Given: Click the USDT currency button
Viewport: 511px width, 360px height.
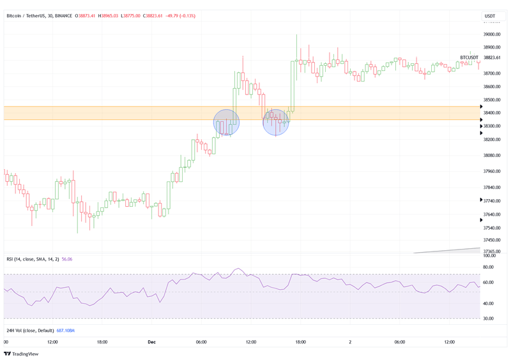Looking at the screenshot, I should [x=490, y=16].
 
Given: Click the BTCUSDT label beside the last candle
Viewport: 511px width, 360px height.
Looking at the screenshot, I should [x=469, y=57].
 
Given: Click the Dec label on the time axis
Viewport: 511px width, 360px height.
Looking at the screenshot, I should [x=151, y=342].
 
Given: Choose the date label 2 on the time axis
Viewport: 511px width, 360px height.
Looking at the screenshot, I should [x=350, y=342].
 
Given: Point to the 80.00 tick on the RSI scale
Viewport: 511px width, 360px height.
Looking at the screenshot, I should [x=489, y=267].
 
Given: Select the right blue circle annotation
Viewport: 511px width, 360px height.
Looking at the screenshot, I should [x=276, y=122].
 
